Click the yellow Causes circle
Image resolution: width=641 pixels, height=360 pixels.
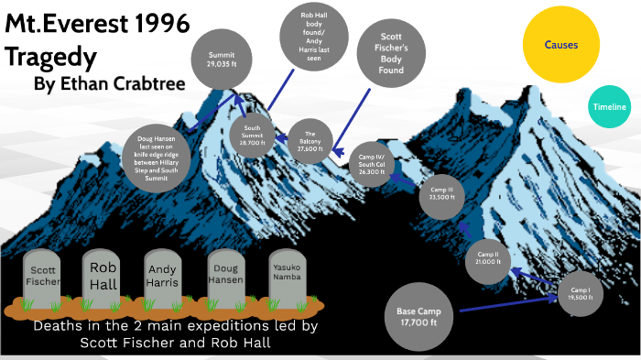point(560,44)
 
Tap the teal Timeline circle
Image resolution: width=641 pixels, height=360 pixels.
point(609,108)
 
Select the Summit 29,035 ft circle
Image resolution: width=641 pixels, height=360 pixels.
point(222,61)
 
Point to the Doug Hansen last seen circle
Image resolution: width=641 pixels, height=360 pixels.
point(158,158)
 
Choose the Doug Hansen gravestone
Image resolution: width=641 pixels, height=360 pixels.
point(228,277)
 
